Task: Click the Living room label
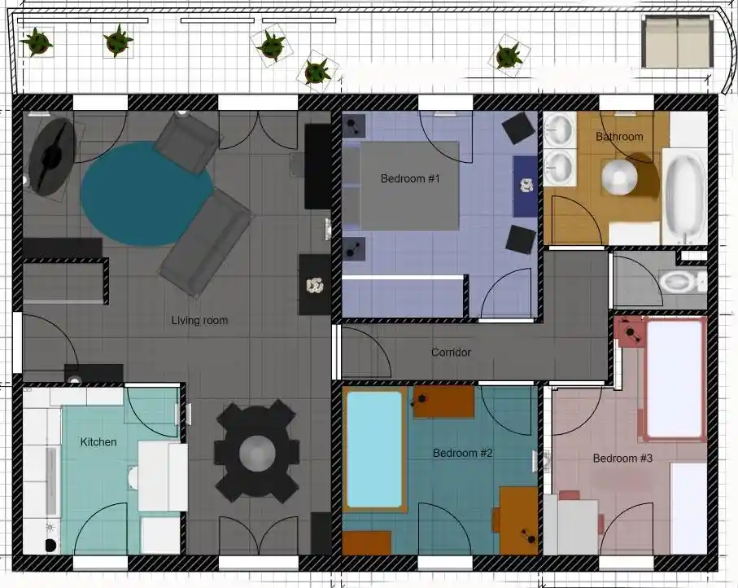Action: pyautogui.click(x=199, y=321)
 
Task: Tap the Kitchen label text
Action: pyautogui.click(x=98, y=442)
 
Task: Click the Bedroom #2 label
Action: pyautogui.click(x=462, y=453)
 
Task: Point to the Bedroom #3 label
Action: pyautogui.click(x=622, y=459)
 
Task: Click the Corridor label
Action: pyautogui.click(x=451, y=353)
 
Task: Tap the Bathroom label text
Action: pyautogui.click(x=619, y=137)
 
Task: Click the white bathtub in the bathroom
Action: pyautogui.click(x=684, y=195)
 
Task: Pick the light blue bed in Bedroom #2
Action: pyautogui.click(x=374, y=449)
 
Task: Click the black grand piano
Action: pyautogui.click(x=50, y=156)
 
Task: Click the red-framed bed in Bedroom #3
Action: pyautogui.click(x=674, y=379)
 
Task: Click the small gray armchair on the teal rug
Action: pyautogui.click(x=186, y=143)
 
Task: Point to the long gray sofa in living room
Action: pyautogui.click(x=206, y=244)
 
